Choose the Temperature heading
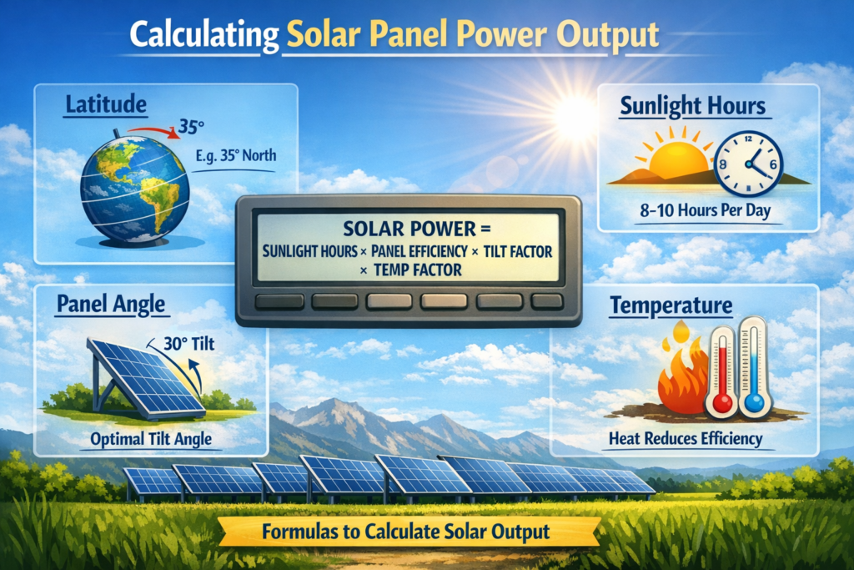click(671, 306)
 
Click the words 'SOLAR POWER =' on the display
click(408, 228)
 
